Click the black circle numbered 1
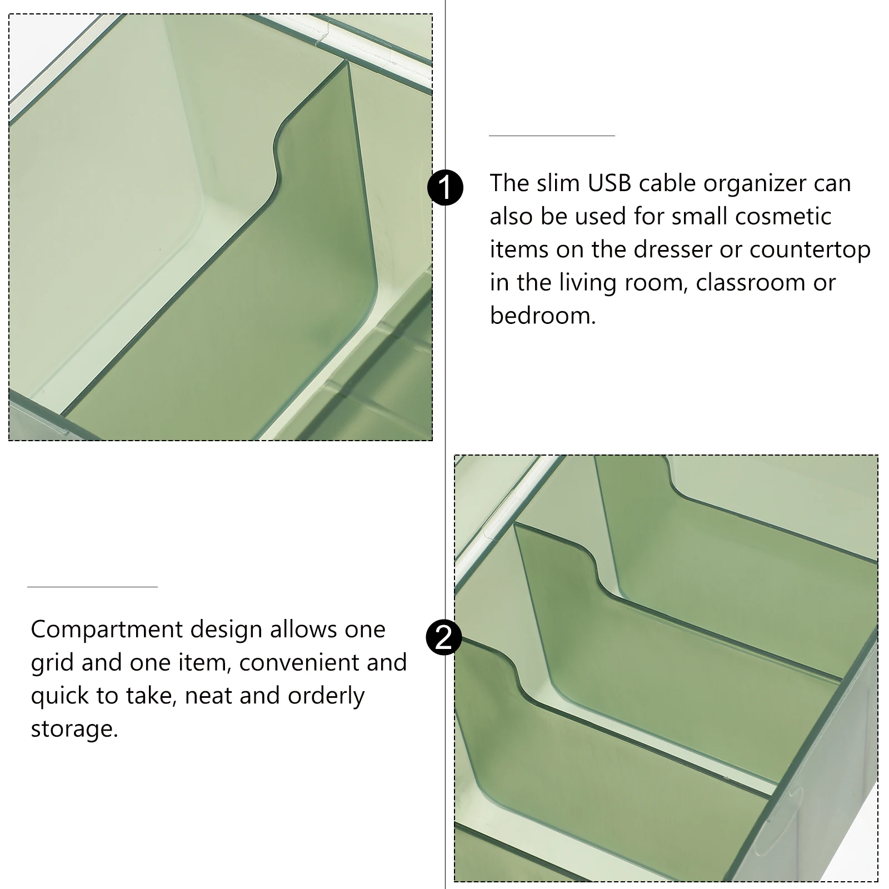445,188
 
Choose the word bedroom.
542,316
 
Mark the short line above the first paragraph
552,136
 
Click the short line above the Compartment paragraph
92,587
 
